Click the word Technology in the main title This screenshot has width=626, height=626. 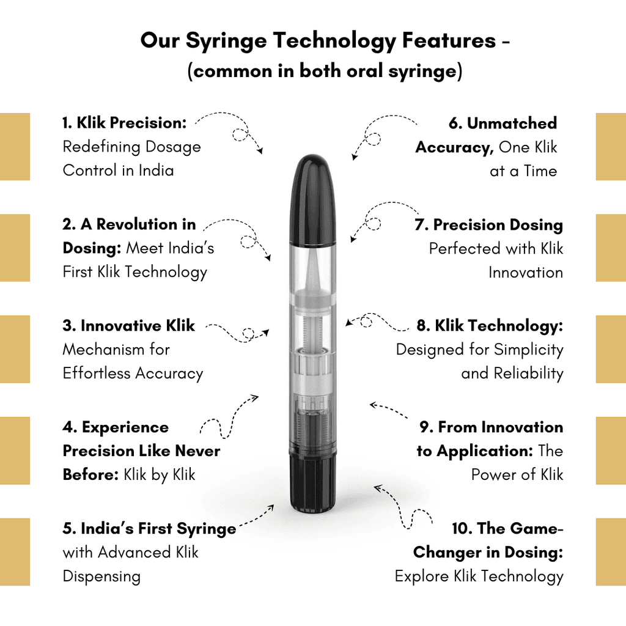click(x=334, y=41)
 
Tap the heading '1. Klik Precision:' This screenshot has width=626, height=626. click(x=125, y=123)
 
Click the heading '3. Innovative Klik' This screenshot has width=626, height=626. click(x=128, y=326)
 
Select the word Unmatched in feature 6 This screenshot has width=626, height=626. click(x=512, y=123)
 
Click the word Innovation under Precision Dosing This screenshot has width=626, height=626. click(x=526, y=273)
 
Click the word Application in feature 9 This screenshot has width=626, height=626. click(x=485, y=452)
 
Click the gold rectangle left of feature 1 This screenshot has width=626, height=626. click(x=15, y=147)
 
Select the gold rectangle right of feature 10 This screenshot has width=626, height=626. click(x=611, y=552)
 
